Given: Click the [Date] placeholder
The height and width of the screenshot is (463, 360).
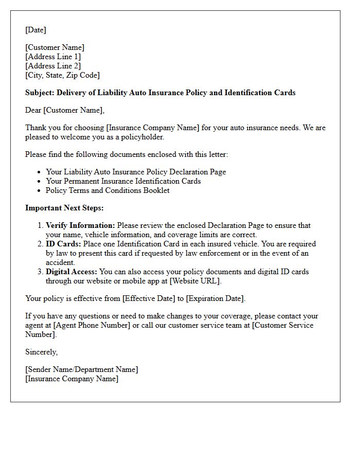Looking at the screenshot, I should [35, 30].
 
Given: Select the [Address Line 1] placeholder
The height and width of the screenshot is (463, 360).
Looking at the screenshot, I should [53, 57].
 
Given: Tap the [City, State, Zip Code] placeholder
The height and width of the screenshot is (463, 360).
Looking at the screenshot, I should [62, 75].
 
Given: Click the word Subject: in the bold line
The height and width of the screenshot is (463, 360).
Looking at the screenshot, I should [40, 93].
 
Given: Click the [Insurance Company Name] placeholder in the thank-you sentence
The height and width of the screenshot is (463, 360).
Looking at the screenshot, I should [151, 128].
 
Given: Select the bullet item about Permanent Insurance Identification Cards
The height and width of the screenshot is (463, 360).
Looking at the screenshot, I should [123, 181].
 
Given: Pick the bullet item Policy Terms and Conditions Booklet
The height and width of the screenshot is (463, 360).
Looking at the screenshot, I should [107, 190].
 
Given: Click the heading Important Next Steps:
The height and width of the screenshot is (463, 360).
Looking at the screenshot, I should [64, 208].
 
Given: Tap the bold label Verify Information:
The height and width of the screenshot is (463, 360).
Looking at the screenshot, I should [81, 225].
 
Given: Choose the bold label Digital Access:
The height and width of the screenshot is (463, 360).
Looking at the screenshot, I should [71, 272].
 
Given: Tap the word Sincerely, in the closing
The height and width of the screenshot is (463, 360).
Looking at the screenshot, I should [41, 352].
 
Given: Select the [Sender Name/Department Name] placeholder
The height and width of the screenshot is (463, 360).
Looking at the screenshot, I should [81, 369].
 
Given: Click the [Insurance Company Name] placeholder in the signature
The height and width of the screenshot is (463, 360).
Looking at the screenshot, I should [71, 379].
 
